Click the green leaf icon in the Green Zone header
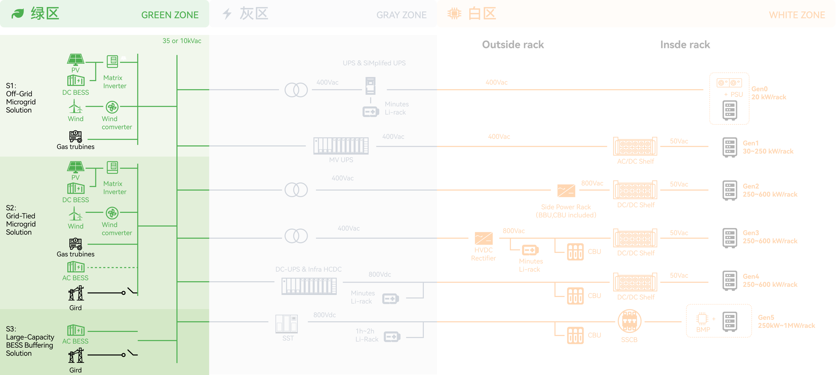pyautogui.click(x=18, y=14)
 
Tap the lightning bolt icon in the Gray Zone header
pyautogui.click(x=227, y=14)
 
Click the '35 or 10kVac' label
pyautogui.click(x=182, y=41)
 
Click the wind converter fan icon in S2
pyautogui.click(x=112, y=213)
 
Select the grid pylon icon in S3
pyautogui.click(x=76, y=356)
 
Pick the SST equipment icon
pyautogui.click(x=287, y=324)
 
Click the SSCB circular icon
pyautogui.click(x=629, y=321)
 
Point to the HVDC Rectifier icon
pyautogui.click(x=484, y=238)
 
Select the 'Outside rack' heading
pyautogui.click(x=513, y=45)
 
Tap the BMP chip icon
pyautogui.click(x=702, y=318)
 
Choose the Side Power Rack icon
pyautogui.click(x=566, y=191)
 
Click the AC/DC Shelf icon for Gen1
pyautogui.click(x=635, y=146)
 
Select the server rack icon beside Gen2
pyautogui.click(x=729, y=190)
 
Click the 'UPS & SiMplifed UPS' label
pyautogui.click(x=374, y=63)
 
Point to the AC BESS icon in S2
pyautogui.click(x=76, y=267)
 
